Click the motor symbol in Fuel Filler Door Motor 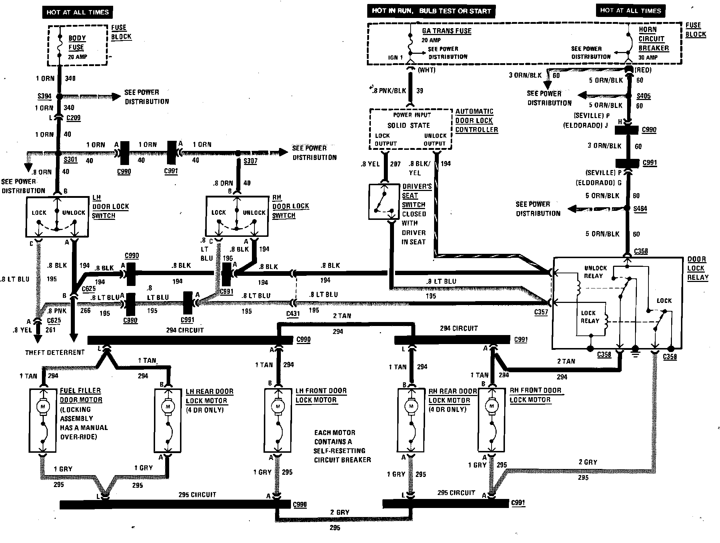point(43,407)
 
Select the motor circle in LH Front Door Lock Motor point(278,407)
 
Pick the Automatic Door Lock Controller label point(476,121)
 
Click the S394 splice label point(44,96)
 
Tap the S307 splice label point(250,161)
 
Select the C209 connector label point(73,118)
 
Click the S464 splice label point(640,209)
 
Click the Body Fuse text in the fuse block point(77,43)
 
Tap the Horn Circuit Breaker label point(653,39)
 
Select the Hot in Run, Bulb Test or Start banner point(431,11)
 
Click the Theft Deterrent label point(55,352)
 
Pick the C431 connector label point(293,313)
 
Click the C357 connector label point(541,312)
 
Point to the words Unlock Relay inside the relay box point(595,272)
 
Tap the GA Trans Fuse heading point(446,31)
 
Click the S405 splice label point(643,96)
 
